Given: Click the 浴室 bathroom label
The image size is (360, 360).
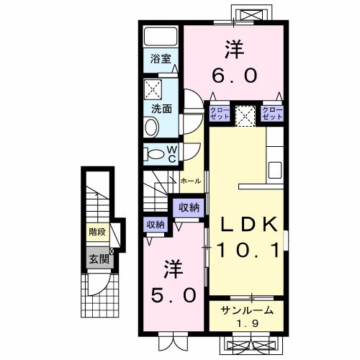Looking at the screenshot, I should click(161, 60).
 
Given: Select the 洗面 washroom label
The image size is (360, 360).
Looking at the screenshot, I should click(161, 109).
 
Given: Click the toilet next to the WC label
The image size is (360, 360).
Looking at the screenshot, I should click(155, 153).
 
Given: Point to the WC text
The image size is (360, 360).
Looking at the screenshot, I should click(173, 153).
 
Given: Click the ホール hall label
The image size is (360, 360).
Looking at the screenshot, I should click(191, 181).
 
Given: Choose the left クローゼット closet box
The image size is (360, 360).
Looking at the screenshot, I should click(220, 113).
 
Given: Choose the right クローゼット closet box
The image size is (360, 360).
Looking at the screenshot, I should click(271, 113).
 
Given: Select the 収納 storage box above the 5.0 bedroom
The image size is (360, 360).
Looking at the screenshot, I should click(155, 224).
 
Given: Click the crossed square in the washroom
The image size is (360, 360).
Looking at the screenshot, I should click(154, 89).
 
